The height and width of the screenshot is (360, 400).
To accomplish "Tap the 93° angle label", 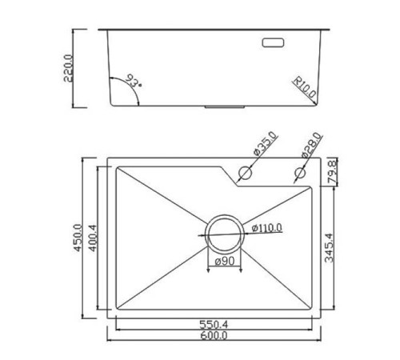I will point(130,82).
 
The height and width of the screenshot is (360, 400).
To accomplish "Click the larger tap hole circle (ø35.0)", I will point(246,172).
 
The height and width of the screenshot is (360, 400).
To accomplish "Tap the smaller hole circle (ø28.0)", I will point(300,172).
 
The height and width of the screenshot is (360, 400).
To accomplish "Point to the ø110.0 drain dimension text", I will point(267,229).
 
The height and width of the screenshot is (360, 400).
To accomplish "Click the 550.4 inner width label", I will point(214,326).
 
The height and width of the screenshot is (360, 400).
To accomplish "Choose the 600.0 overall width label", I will point(214,336).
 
